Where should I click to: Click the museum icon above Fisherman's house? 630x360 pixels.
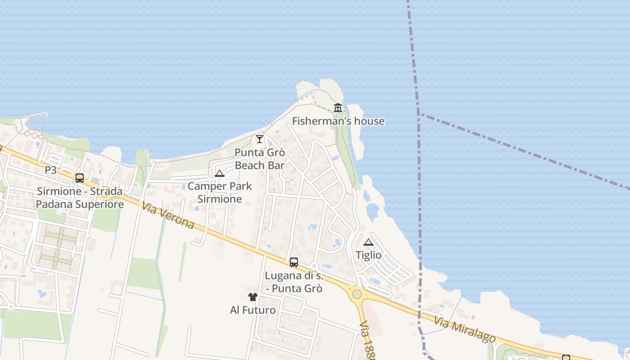click(x=338, y=108)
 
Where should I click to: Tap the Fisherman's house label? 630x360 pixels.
click(x=338, y=121)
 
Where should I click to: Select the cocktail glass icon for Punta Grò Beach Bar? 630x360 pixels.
click(x=260, y=139)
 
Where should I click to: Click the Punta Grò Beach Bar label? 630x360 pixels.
click(x=260, y=159)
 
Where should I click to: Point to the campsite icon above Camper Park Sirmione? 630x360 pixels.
click(x=220, y=174)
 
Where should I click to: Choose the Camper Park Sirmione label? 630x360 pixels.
click(x=220, y=193)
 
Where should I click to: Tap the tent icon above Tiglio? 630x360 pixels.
click(x=369, y=242)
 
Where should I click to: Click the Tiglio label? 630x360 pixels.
click(x=369, y=255)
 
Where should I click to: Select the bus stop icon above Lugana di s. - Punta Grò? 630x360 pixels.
click(x=294, y=262)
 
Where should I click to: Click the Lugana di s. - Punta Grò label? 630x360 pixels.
click(x=294, y=282)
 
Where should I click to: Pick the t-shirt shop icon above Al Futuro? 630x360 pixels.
click(x=253, y=297)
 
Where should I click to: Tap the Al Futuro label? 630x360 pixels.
click(x=253, y=310)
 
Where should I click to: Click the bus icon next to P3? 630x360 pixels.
click(x=80, y=178)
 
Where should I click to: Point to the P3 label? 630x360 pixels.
click(x=51, y=170)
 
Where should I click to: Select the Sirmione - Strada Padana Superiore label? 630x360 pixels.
click(x=80, y=198)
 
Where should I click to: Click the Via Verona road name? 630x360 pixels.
click(x=167, y=215)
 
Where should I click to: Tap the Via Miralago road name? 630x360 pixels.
click(x=465, y=329)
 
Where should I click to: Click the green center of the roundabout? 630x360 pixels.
click(x=357, y=294)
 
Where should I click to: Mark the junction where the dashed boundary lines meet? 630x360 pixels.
click(x=419, y=114)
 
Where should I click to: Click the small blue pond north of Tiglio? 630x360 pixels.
click(x=373, y=211)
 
